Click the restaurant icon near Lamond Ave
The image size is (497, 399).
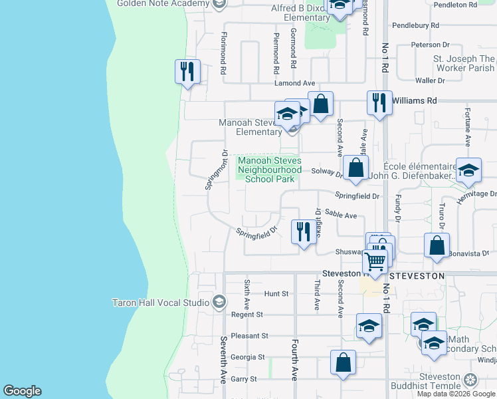(x=187, y=72)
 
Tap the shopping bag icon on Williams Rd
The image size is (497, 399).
(x=320, y=104)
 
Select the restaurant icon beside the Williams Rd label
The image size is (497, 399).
(x=379, y=103)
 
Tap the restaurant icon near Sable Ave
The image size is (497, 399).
(x=304, y=232)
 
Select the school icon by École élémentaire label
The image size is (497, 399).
(x=468, y=171)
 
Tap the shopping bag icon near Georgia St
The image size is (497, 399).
(x=344, y=363)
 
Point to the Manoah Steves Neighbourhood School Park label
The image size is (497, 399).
(x=270, y=170)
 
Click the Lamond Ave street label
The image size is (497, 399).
(x=295, y=83)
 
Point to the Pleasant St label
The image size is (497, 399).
(x=249, y=336)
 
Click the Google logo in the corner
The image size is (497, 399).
(x=22, y=391)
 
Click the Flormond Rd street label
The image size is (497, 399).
(x=225, y=56)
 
